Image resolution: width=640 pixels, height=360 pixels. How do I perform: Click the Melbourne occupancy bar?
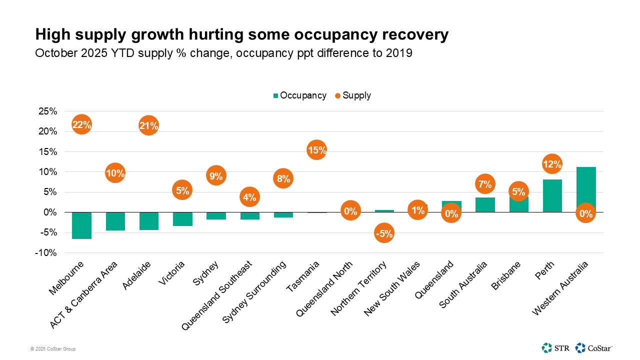point(81,225)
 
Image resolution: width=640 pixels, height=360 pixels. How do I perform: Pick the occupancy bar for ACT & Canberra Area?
point(115,221)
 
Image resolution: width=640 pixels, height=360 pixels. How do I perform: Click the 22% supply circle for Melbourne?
point(81,124)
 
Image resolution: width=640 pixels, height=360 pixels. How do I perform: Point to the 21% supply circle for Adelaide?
point(149,125)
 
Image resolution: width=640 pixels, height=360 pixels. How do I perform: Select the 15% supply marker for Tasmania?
point(317,150)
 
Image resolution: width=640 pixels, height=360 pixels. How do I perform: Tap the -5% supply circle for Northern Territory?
point(384,233)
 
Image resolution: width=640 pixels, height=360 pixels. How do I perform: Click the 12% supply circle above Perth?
point(552,164)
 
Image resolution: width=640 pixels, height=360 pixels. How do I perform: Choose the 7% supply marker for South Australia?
point(485,184)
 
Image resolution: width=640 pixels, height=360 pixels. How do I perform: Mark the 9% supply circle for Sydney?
point(216,175)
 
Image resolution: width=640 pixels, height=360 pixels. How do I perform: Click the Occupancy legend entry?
point(299,95)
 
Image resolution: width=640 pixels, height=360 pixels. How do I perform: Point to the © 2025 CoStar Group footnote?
point(52,349)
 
